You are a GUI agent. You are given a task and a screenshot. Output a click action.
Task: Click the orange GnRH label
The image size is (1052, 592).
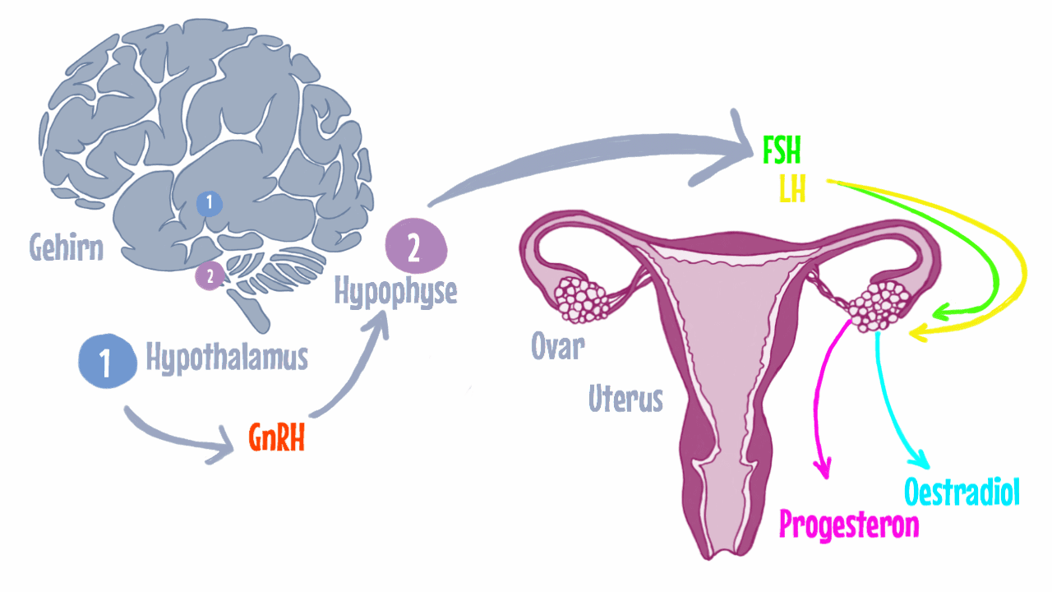277,437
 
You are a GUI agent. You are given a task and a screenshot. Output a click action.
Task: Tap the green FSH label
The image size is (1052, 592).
782,150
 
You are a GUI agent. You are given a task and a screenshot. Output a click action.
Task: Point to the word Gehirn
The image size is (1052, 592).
67,247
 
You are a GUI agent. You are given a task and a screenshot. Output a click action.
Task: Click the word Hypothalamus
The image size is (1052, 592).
227,358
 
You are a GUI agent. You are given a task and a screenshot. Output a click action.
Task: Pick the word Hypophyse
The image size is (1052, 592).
395,292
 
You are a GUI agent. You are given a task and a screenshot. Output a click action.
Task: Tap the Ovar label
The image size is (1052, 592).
558,346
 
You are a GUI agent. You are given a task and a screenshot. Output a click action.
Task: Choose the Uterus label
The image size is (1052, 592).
625,399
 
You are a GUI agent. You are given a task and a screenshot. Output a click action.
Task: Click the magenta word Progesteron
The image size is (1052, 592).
849,525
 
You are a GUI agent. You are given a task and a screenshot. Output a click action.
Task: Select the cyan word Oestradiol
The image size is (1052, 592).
962,492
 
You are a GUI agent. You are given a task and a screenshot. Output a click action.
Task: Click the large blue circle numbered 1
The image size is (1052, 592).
108,361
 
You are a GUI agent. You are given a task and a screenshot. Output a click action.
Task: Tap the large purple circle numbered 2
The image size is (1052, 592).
416,246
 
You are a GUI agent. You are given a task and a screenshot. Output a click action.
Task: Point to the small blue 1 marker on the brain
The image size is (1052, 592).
210,203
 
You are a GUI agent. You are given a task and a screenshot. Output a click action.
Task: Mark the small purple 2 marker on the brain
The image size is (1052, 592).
210,276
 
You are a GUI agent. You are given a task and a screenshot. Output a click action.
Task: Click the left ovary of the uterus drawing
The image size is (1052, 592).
581,299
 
